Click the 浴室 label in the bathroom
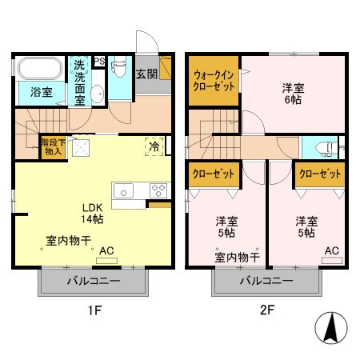click(x=42, y=93)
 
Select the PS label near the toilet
click(x=99, y=61)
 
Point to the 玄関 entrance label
click(x=146, y=74)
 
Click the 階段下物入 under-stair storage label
click(x=53, y=146)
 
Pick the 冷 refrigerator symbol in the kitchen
click(x=153, y=146)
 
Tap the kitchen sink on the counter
click(x=124, y=190)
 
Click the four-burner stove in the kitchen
click(x=158, y=190)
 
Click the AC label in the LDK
click(x=106, y=250)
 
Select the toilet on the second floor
click(x=324, y=146)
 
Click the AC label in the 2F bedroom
click(x=331, y=250)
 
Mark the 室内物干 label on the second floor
click(x=237, y=257)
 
